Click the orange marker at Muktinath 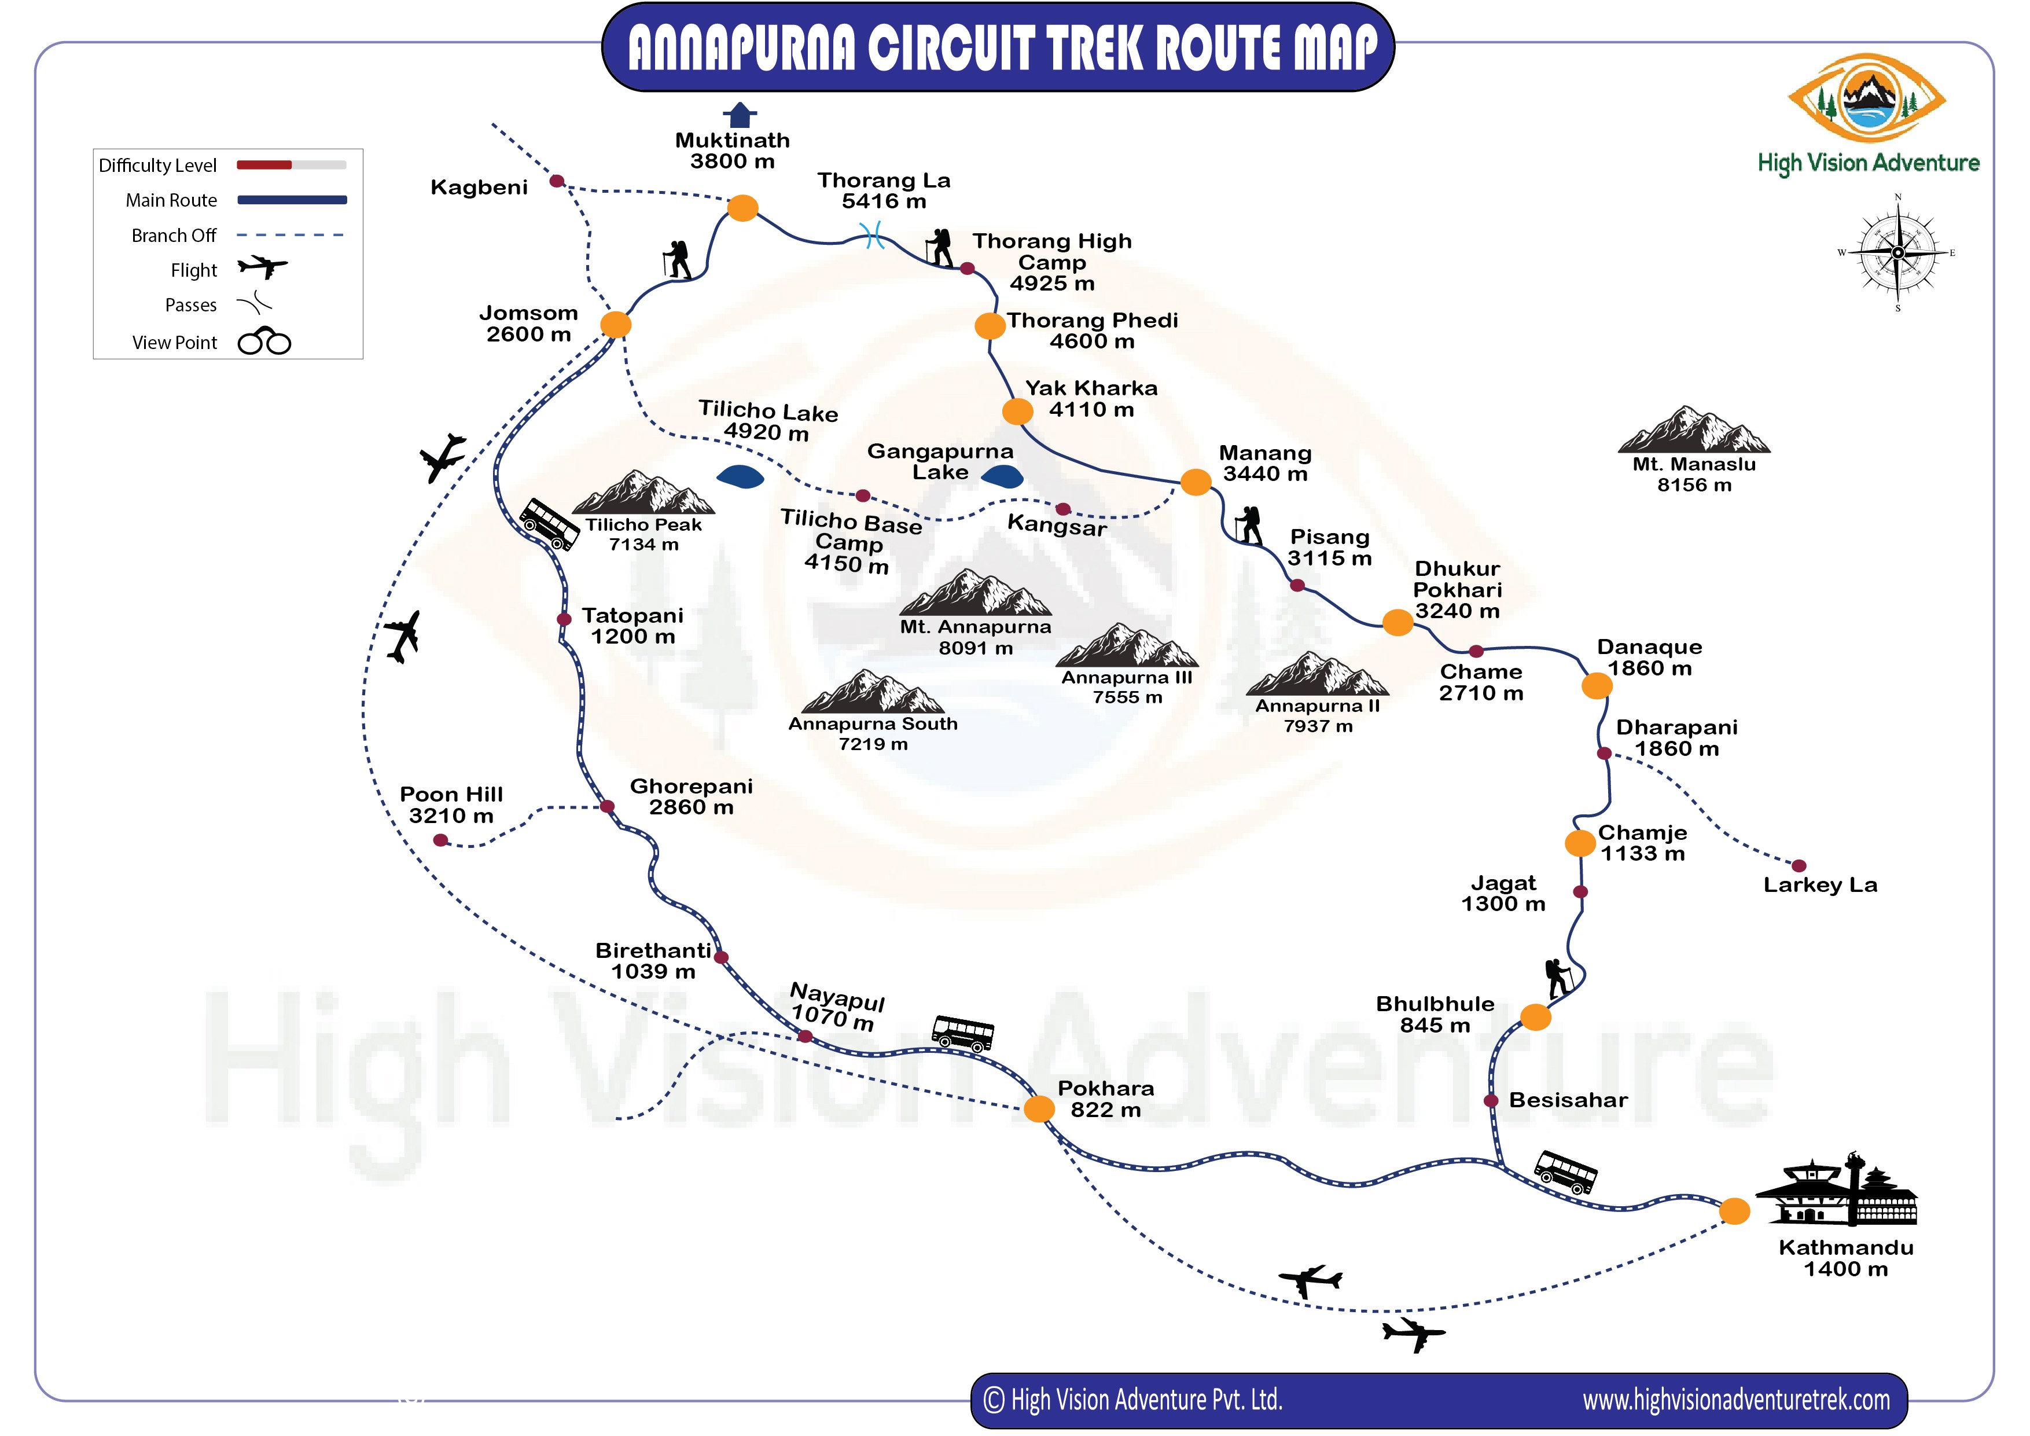tap(742, 208)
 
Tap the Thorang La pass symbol tap(873, 235)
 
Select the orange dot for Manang tap(1196, 482)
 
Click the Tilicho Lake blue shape tap(741, 478)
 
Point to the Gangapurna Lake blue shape tap(1003, 478)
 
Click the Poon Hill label tap(451, 805)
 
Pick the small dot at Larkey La tap(1799, 866)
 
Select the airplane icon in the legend tap(263, 266)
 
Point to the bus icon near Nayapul tap(963, 1033)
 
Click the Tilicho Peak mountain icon tap(643, 493)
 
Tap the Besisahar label tap(1568, 1100)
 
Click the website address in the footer tap(1735, 1400)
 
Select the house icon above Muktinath tap(740, 115)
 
